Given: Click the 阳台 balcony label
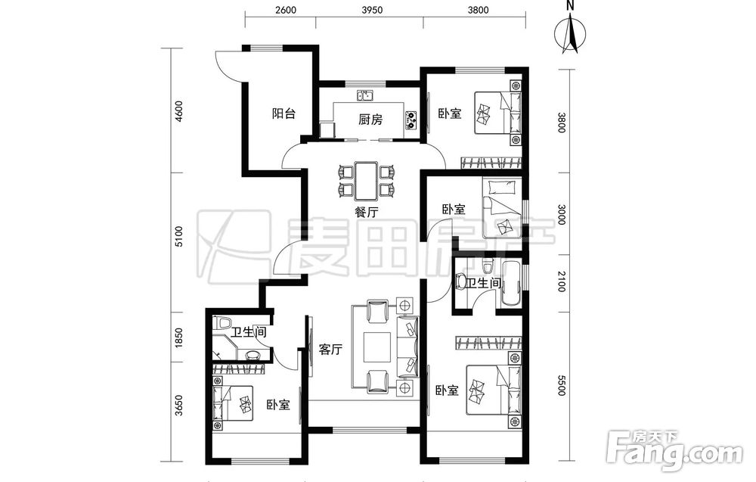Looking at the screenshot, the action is pyautogui.click(x=283, y=114).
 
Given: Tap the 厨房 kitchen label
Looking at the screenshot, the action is pyautogui.click(x=370, y=119).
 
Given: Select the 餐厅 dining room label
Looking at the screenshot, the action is pyautogui.click(x=367, y=212).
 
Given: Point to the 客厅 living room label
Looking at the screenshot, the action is pyautogui.click(x=330, y=350).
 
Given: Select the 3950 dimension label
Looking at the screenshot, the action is pyautogui.click(x=372, y=10).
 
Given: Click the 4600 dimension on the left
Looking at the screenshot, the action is pyautogui.click(x=179, y=111).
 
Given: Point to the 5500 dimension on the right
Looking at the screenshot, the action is pyautogui.click(x=561, y=385).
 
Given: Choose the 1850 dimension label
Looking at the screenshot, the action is pyautogui.click(x=179, y=338).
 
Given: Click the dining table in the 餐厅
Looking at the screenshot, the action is pyautogui.click(x=367, y=180).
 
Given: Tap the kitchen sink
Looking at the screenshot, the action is pyautogui.click(x=365, y=95).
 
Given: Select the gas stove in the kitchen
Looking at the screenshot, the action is pyautogui.click(x=411, y=120).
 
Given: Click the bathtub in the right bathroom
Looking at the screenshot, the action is pyautogui.click(x=511, y=285).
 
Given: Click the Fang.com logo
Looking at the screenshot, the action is pyautogui.click(x=675, y=451).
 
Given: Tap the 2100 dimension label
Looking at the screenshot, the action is pyautogui.click(x=561, y=281).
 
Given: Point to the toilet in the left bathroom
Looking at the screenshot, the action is pyautogui.click(x=224, y=322).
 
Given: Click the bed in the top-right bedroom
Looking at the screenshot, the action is pyautogui.click(x=498, y=113).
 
